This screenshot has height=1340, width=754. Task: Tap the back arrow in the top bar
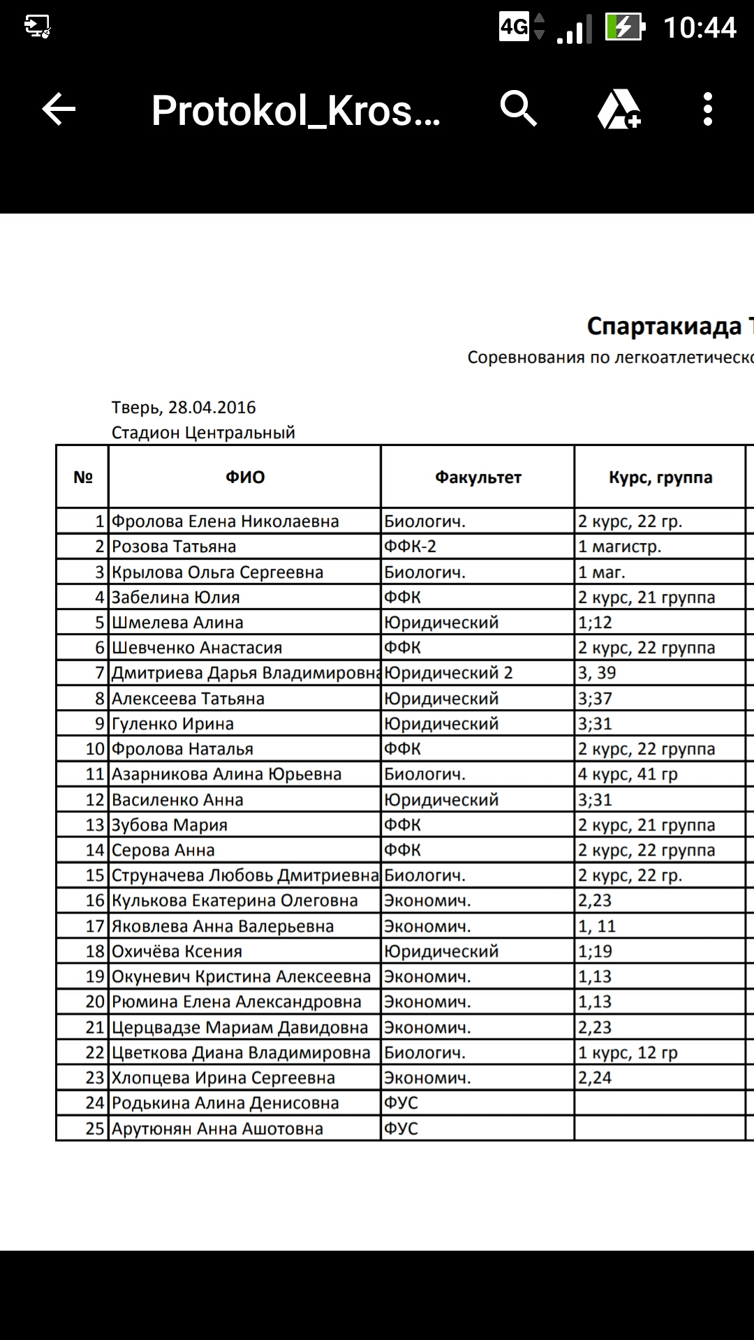(59, 110)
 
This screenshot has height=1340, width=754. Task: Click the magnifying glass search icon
(518, 109)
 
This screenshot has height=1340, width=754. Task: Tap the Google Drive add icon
(619, 110)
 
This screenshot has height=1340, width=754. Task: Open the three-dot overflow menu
(708, 110)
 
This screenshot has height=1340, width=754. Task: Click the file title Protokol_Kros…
(296, 110)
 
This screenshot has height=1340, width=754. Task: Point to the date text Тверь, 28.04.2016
(184, 408)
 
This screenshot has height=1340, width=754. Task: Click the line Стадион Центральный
(203, 433)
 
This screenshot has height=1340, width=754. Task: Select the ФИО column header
(245, 477)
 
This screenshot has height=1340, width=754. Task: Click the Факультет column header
(478, 477)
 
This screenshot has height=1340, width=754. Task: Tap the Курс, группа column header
(660, 477)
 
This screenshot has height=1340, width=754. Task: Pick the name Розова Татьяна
(174, 546)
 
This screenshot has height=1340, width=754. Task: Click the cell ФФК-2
(411, 546)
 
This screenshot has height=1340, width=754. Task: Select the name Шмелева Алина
(177, 623)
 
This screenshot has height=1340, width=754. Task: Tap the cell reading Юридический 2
(448, 673)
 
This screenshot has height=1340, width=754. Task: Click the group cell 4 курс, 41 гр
(628, 774)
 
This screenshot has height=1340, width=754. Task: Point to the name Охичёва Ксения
(177, 951)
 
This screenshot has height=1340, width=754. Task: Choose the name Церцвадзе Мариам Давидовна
(239, 1027)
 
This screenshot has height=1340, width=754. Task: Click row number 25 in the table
(95, 1129)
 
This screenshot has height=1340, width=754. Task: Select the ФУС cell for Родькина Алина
(401, 1103)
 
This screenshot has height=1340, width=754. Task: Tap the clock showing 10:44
(700, 28)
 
